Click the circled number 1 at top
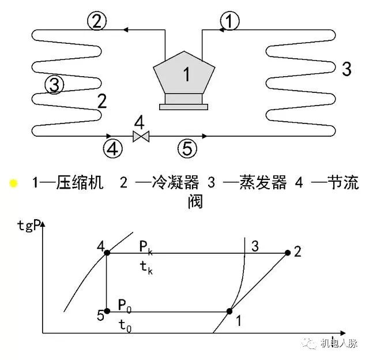pyautogui.click(x=229, y=21)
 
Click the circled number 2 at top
pyautogui.click(x=96, y=21)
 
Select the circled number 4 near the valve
pyautogui.click(x=113, y=148)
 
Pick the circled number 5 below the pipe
pyautogui.click(x=187, y=148)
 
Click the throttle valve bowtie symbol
pyautogui.click(x=140, y=136)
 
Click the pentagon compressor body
pyautogui.click(x=184, y=74)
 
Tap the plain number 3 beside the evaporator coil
pyautogui.click(x=346, y=69)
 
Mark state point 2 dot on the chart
pyautogui.click(x=287, y=253)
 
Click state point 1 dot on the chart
pyautogui.click(x=229, y=311)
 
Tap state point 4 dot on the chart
pyautogui.click(x=107, y=253)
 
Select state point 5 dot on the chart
pyautogui.click(x=107, y=311)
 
